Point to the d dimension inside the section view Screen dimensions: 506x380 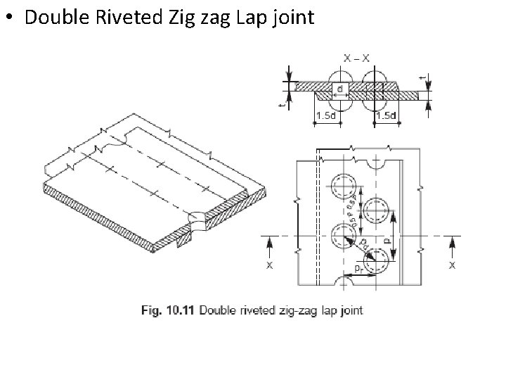(x=339, y=89)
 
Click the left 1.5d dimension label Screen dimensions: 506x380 (x=324, y=115)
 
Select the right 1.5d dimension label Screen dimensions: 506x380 (x=386, y=115)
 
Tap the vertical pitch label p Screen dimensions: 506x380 (x=385, y=239)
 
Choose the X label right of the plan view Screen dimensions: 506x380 (x=451, y=265)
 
